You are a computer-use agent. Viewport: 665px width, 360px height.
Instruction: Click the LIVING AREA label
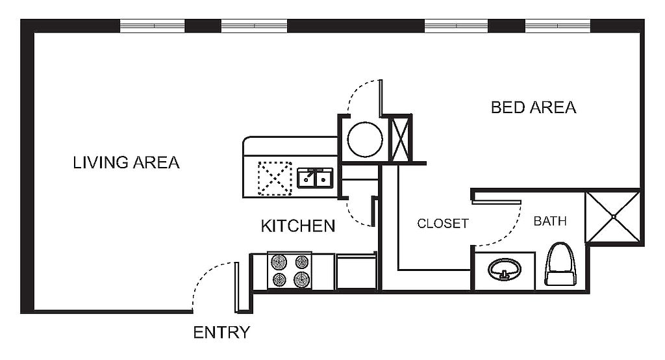pos(127,162)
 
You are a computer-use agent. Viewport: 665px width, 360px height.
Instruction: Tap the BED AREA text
pos(534,107)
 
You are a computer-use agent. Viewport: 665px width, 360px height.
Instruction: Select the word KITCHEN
pos(297,226)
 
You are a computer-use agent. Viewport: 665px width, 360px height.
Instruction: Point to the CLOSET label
pos(443,224)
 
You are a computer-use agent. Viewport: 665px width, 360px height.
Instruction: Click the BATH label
pos(550,221)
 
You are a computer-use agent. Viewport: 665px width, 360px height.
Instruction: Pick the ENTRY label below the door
pos(221,333)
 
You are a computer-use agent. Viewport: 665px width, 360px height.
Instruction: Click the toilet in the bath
pos(560,264)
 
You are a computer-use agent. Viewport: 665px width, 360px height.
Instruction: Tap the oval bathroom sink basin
pos(505,269)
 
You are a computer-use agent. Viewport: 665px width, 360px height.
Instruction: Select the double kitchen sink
pos(315,178)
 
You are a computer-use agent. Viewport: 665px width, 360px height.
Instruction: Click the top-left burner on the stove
pos(279,262)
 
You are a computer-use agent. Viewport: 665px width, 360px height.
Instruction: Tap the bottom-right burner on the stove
pos(301,279)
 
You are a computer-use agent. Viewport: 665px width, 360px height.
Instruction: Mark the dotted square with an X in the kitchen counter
pos(275,178)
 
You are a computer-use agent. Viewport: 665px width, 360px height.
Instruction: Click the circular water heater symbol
pos(365,139)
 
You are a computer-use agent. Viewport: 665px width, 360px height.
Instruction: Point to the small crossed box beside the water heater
pos(400,138)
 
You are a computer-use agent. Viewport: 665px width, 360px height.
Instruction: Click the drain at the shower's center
pos(613,217)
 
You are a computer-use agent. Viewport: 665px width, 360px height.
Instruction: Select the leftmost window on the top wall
pos(153,25)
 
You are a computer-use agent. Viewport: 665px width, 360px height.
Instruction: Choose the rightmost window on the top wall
pos(558,25)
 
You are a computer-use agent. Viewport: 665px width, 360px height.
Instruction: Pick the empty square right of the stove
pos(357,272)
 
